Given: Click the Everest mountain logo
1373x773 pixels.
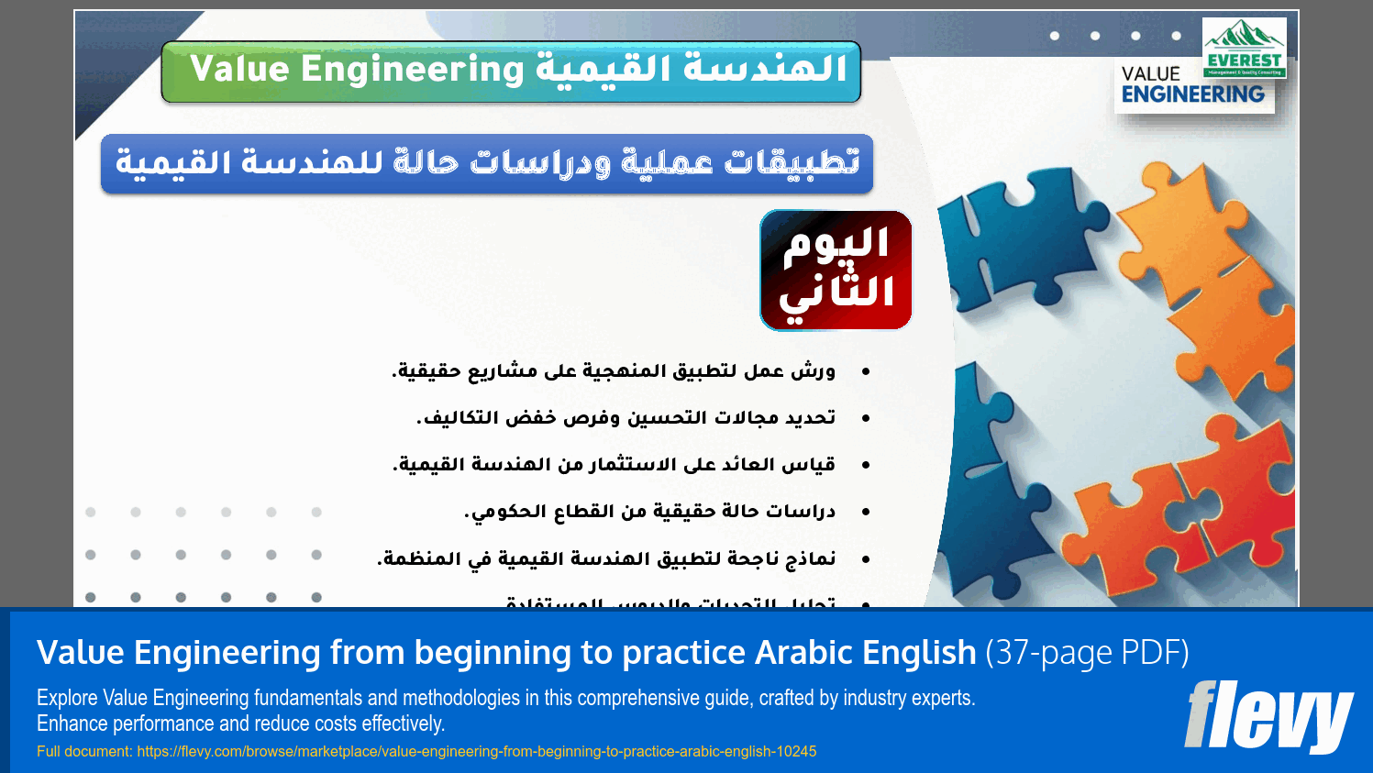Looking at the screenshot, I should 1244,47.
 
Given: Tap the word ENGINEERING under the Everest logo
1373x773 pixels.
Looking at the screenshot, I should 1192,94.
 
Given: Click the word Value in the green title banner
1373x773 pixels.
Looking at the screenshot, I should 239,70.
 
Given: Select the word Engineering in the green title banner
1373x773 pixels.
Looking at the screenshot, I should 412,70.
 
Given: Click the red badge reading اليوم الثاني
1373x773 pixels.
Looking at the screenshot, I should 836,270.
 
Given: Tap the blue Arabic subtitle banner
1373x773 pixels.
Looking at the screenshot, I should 486,163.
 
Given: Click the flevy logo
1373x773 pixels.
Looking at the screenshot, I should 1268,716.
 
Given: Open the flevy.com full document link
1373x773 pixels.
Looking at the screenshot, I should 476,751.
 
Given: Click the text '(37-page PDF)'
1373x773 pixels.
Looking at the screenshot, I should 1087,653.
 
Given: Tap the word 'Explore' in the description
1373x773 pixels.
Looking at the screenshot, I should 67,698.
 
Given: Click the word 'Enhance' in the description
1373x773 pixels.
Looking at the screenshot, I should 72,723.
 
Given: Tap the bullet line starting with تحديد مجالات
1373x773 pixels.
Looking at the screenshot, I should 626,418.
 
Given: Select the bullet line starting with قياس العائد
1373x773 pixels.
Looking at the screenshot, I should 614,465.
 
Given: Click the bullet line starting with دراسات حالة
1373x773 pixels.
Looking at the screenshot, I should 649,512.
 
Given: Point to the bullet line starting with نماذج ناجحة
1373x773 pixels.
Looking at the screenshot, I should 606,558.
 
